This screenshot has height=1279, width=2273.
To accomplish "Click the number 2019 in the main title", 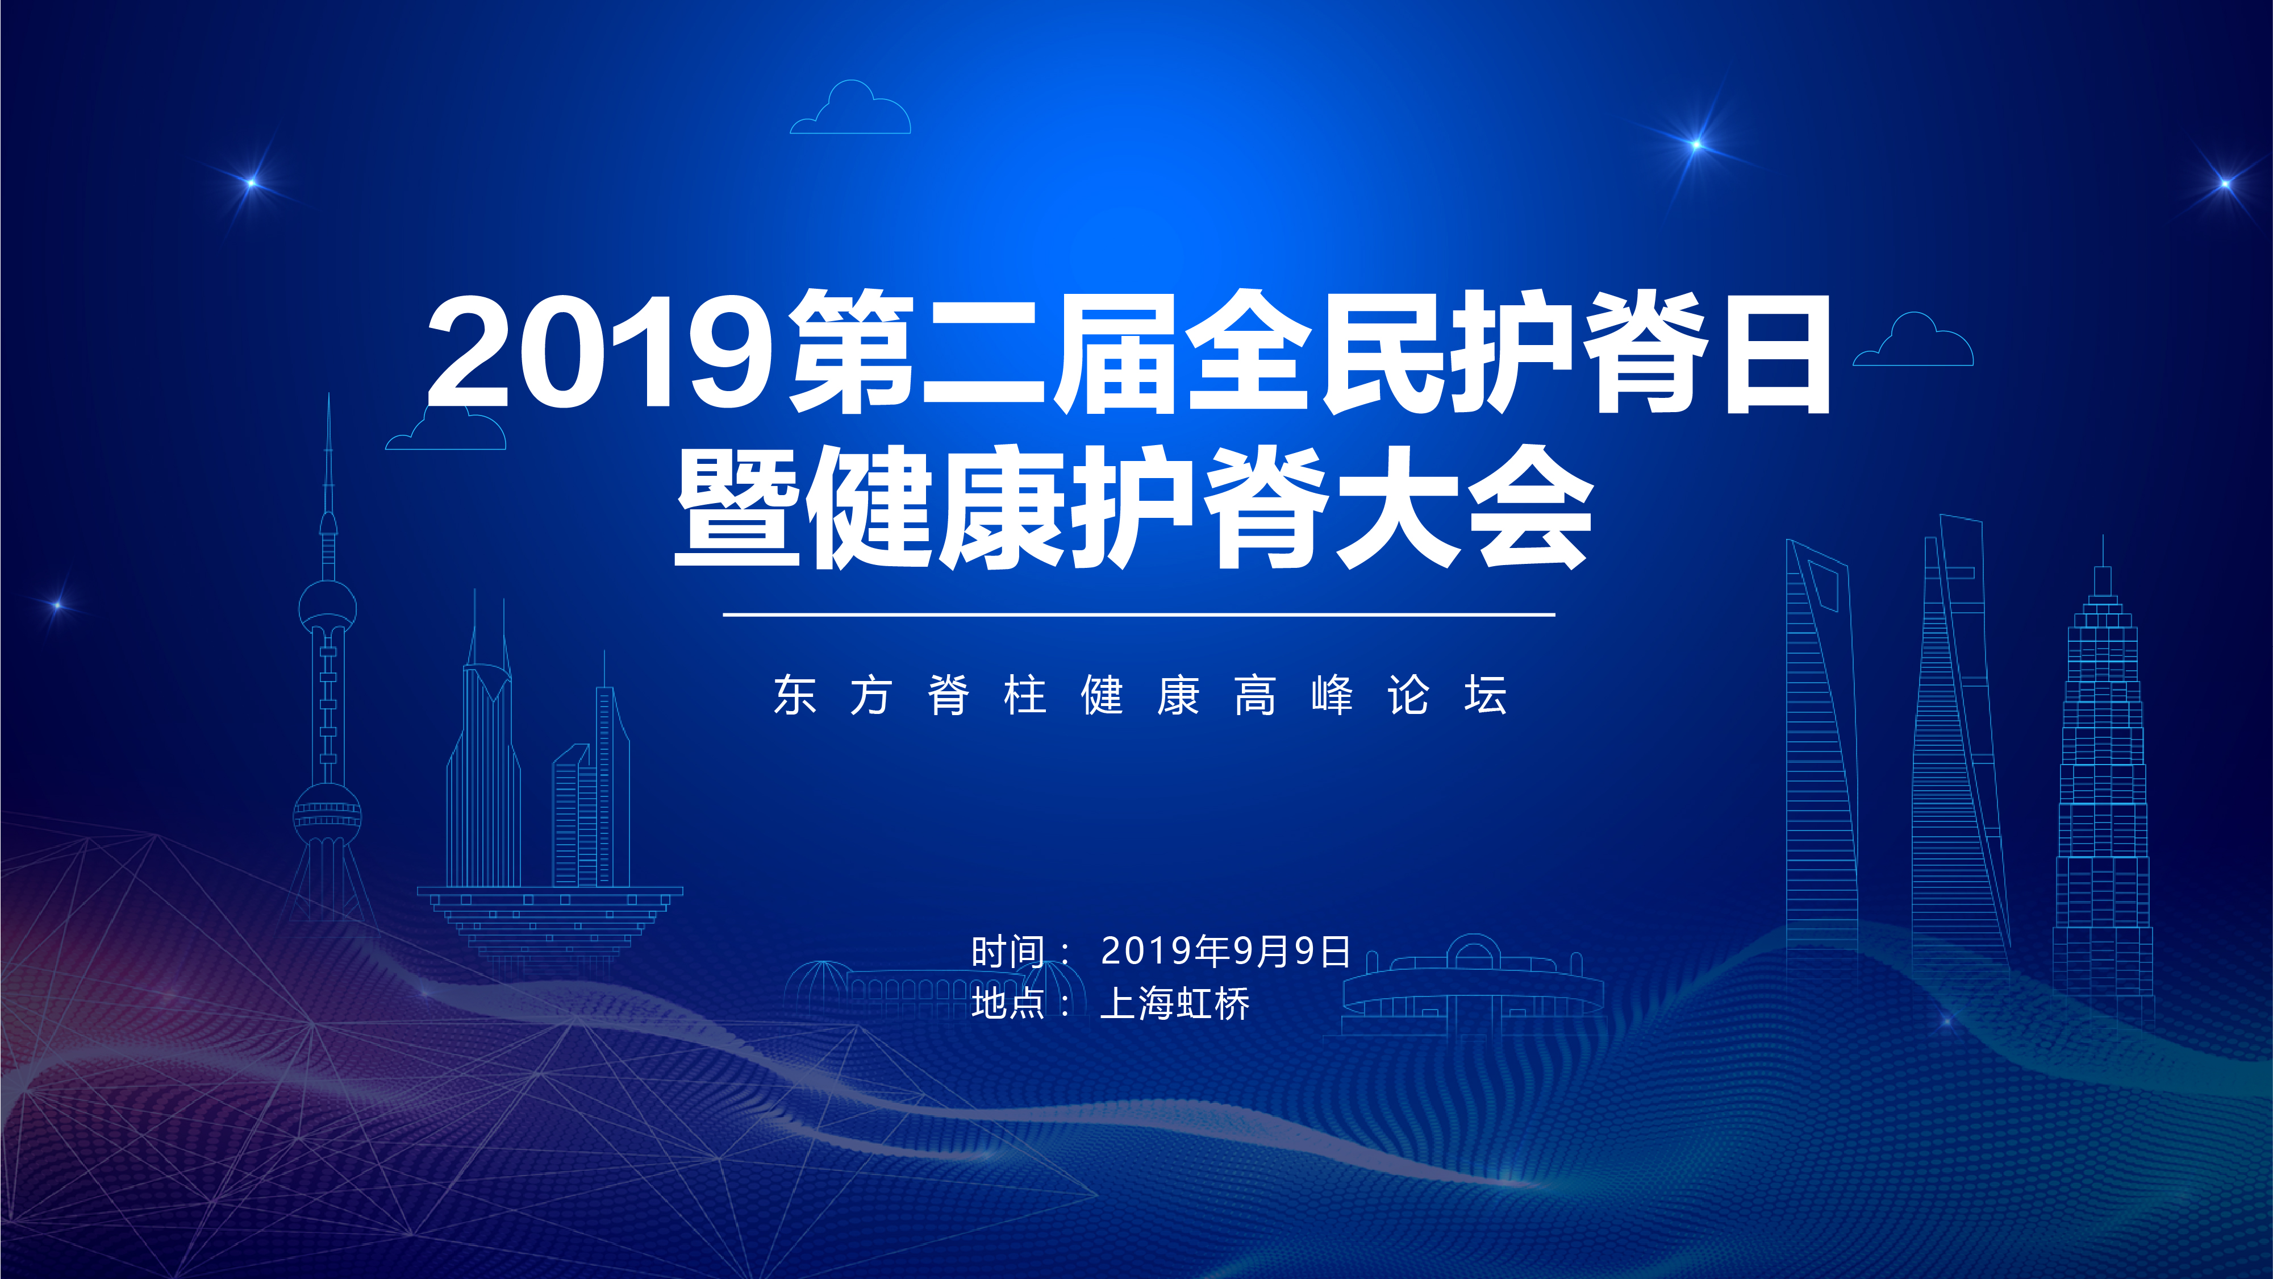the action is pyautogui.click(x=600, y=353).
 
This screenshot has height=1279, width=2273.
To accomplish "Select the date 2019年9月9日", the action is pyautogui.click(x=1225, y=950).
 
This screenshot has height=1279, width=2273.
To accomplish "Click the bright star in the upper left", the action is pyautogui.click(x=252, y=182).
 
